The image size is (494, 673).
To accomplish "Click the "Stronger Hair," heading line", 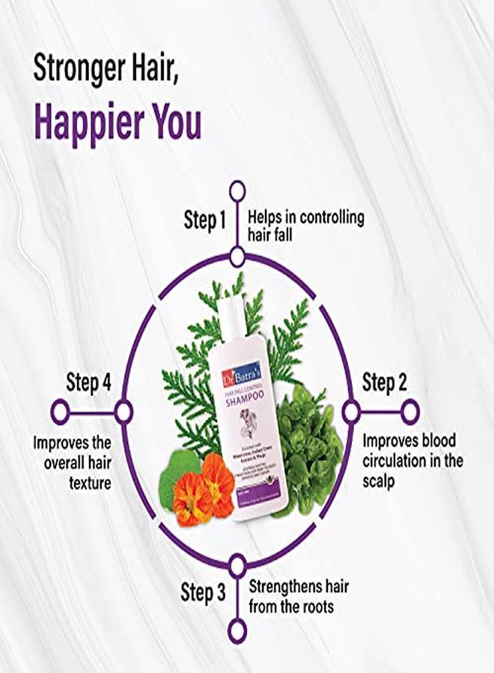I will point(109,70).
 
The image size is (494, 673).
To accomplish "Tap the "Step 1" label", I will point(204,220).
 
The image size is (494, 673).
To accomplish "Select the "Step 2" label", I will point(385,383).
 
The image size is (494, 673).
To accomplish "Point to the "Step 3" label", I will point(203,593).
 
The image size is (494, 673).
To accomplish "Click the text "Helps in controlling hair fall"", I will point(306,227).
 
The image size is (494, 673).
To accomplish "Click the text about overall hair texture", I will point(72,462).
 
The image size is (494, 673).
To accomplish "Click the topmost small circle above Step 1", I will point(237,190).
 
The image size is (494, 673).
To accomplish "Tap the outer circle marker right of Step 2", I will point(409,411).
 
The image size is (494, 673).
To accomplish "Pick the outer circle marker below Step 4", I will point(60,411).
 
